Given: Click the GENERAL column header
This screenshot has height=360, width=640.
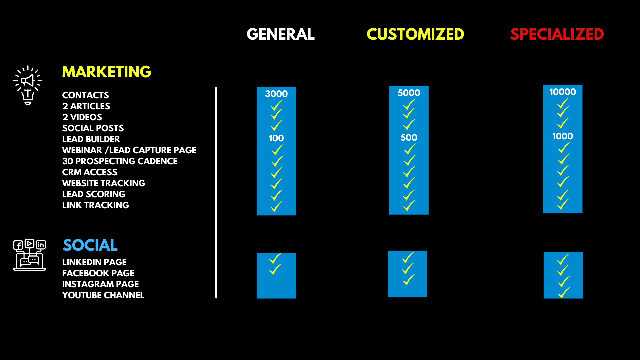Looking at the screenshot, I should point(280,34).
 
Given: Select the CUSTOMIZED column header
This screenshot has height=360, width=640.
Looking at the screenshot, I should point(415,34).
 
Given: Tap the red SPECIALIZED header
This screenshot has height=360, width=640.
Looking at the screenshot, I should point(557,34).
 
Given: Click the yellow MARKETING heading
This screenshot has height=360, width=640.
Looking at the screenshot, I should point(107,72).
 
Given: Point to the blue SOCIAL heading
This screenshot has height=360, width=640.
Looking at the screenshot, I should point(90,245).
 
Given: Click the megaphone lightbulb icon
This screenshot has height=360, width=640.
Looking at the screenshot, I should point(28,85).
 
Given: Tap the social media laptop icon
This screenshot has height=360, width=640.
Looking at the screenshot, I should point(29,255).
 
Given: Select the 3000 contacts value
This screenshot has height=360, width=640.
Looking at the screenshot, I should point(276,94).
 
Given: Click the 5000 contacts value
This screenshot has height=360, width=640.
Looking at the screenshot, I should point(409,93).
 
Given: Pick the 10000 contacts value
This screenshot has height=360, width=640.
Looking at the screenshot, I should point(562,92).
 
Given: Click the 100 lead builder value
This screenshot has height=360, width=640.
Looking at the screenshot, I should point(276,138).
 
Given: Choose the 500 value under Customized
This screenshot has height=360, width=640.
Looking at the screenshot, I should point(409,137).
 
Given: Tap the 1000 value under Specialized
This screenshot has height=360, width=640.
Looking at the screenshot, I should point(562,136).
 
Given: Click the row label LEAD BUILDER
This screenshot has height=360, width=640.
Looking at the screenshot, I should point(91,139).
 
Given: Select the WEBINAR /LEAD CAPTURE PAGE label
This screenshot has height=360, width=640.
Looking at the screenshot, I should point(129,150).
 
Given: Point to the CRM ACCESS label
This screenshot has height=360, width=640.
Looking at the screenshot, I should point(90,172).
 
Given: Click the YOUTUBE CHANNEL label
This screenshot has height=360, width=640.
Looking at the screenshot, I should point(103,295).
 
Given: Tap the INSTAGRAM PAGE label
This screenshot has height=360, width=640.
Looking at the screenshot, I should point(100,284).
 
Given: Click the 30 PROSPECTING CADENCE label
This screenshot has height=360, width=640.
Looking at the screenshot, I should point(120,161).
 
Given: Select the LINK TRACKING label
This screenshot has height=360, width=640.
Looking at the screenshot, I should point(95,205).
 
